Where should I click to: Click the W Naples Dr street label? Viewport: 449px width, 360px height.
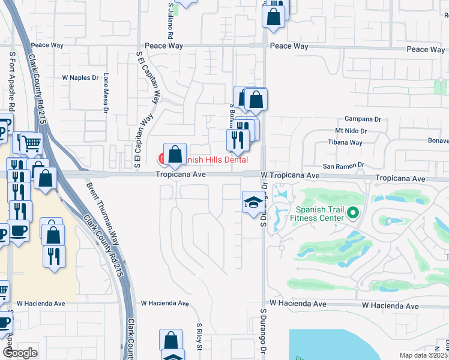[80, 78]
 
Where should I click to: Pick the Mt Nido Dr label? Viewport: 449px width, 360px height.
[351, 130]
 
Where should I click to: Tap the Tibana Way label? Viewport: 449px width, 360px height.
[345, 142]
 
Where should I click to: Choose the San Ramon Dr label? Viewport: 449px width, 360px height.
[345, 165]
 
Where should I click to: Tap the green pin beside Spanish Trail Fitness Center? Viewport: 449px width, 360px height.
[353, 212]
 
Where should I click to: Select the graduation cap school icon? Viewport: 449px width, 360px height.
[253, 202]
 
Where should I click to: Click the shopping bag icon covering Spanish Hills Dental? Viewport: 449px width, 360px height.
[175, 155]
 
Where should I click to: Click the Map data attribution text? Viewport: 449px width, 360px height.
[424, 355]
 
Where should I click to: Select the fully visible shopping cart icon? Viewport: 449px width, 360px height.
[32, 143]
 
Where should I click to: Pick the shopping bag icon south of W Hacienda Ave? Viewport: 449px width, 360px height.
[170, 340]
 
